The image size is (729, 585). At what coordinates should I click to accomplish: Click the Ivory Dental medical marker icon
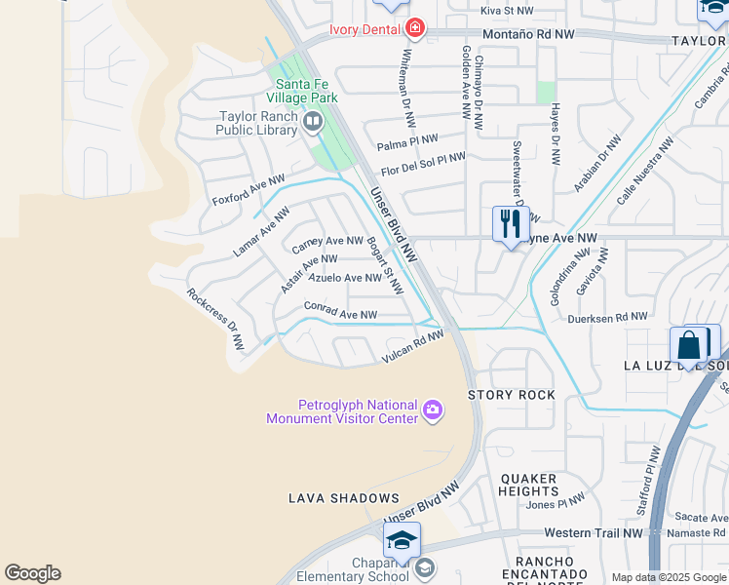[x=416, y=27]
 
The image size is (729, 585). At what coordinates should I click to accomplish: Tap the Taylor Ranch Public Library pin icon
[x=313, y=122]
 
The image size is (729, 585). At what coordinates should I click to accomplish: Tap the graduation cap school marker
[x=402, y=540]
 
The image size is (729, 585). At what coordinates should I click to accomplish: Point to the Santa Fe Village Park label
[x=306, y=91]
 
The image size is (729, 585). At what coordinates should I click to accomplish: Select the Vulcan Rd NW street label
[x=412, y=347]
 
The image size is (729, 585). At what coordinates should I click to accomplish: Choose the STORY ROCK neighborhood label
[x=512, y=395]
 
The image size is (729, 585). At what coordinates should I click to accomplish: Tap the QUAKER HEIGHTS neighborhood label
[x=528, y=485]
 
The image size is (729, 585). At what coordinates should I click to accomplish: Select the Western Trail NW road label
[x=593, y=533]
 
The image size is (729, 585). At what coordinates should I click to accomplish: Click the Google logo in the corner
[x=32, y=573]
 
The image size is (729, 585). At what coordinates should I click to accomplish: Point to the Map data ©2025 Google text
[x=669, y=577]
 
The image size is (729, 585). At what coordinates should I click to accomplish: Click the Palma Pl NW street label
[x=407, y=143]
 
